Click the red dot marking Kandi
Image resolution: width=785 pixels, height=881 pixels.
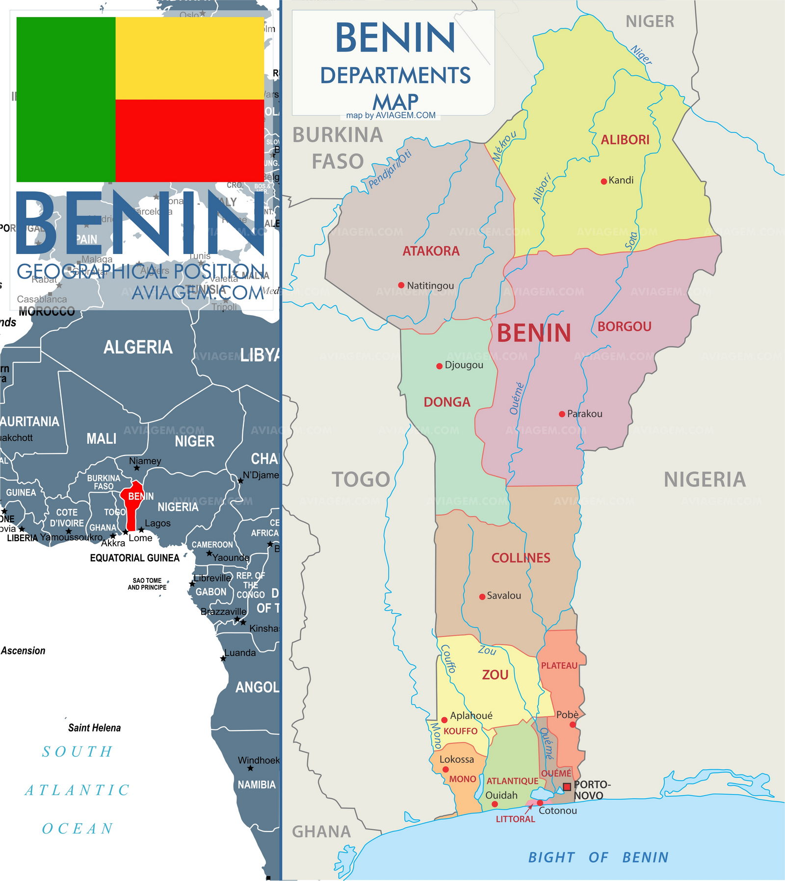click(603, 181)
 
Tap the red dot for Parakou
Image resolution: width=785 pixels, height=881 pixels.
click(562, 414)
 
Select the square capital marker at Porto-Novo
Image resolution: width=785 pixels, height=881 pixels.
click(567, 787)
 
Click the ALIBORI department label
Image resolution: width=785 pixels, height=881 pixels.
click(625, 140)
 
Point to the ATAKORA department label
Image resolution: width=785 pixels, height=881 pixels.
click(431, 251)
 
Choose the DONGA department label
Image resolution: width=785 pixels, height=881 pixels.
click(446, 402)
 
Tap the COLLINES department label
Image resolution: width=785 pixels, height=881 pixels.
click(521, 558)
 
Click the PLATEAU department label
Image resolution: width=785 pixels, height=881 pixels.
click(559, 666)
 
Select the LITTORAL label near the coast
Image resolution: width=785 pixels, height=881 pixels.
click(515, 819)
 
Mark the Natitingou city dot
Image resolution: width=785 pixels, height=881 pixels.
click(401, 285)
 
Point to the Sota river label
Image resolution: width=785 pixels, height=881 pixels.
click(631, 241)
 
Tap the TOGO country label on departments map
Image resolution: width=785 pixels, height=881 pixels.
click(361, 479)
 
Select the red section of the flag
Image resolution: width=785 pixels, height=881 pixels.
click(189, 141)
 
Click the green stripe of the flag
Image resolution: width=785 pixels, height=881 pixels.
click(66, 100)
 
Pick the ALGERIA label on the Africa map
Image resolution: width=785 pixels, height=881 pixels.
click(138, 347)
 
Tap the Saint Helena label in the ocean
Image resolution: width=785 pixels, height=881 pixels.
click(94, 728)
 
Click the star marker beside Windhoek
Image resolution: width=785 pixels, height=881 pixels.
click(250, 768)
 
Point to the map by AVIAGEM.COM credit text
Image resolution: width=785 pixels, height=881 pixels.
click(391, 116)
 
